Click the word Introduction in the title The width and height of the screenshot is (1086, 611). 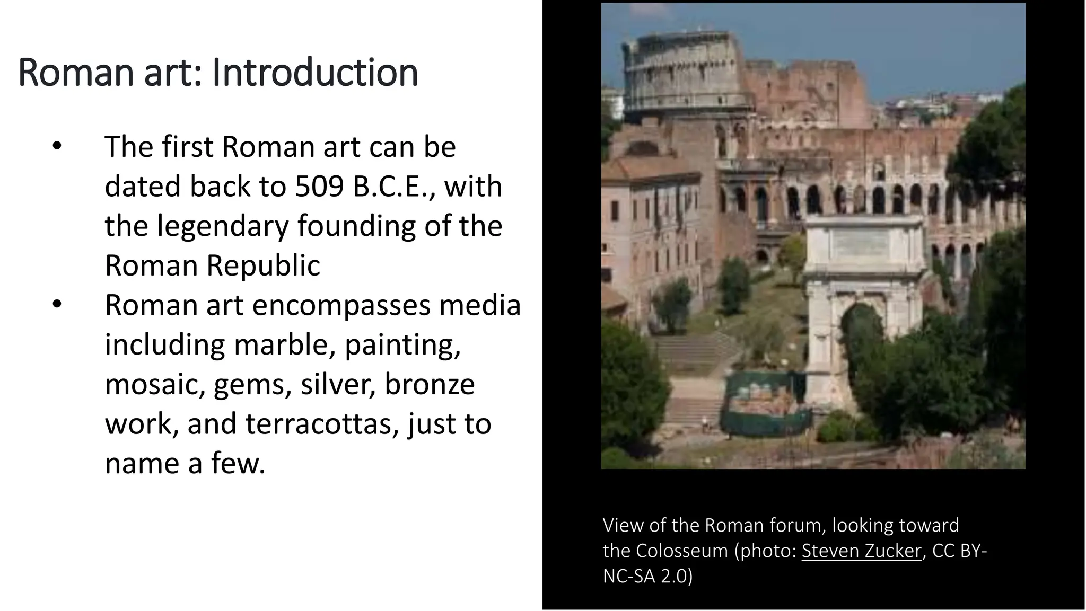click(315, 73)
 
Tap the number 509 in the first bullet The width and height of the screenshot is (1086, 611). click(319, 187)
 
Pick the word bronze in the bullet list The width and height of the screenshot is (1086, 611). click(429, 384)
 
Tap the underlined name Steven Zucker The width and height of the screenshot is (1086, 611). click(862, 551)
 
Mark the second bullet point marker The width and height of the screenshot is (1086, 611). click(57, 305)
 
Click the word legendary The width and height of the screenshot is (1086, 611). click(223, 226)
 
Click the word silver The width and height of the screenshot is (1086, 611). click(338, 384)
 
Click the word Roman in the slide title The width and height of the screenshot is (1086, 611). click(77, 73)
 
